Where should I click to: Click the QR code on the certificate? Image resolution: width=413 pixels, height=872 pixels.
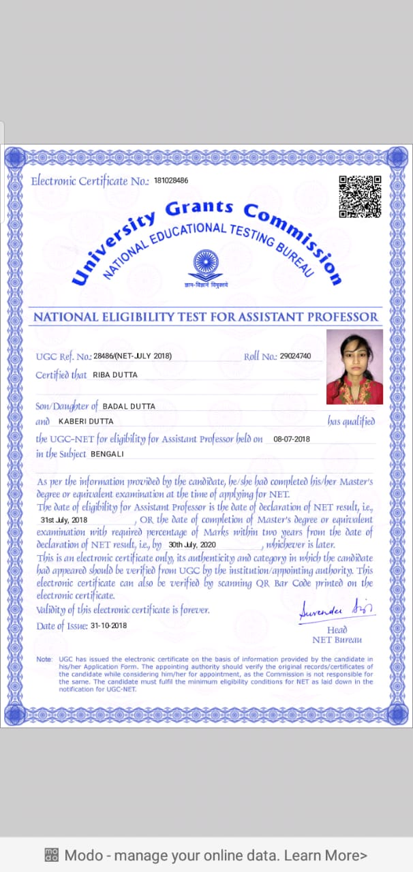click(360, 196)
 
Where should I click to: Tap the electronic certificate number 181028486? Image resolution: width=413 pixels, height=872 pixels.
click(171, 181)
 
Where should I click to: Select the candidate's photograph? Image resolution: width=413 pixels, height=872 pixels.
click(354, 367)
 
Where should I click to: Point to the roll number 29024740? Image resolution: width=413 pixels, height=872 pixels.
click(295, 356)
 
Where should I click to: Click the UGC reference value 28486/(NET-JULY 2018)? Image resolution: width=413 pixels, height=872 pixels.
click(133, 356)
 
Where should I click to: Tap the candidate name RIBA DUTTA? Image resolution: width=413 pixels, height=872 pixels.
click(115, 375)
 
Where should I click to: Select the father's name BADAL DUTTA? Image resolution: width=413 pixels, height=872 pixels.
click(129, 406)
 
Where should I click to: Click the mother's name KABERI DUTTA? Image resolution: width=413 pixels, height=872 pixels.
click(86, 422)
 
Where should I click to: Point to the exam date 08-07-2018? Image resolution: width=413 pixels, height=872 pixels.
click(291, 439)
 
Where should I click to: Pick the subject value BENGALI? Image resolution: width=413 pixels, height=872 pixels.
click(108, 454)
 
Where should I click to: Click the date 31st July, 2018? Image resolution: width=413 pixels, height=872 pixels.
click(64, 520)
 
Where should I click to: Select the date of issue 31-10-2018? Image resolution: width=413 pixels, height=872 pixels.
click(108, 625)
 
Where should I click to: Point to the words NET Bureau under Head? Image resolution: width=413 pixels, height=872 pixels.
click(337, 640)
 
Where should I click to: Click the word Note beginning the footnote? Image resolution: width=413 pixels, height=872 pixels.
click(44, 660)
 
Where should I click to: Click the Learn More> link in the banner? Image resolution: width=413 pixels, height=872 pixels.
click(326, 855)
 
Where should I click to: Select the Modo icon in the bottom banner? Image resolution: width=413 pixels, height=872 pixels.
click(51, 855)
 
